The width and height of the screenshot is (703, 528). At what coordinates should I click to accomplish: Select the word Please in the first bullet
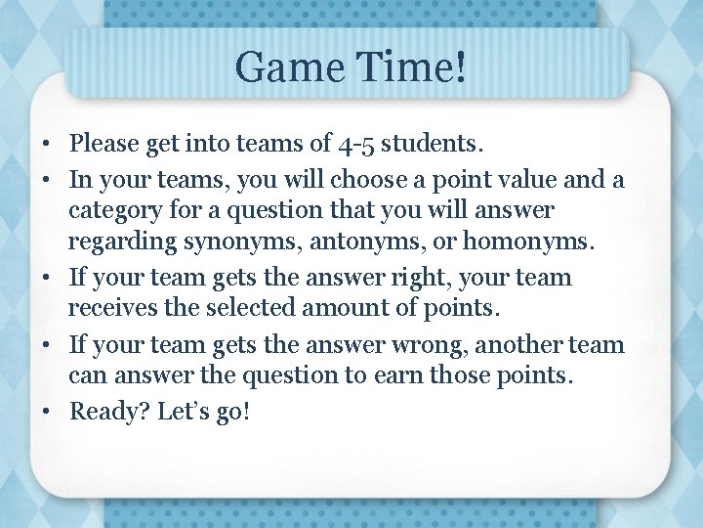click(105, 146)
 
